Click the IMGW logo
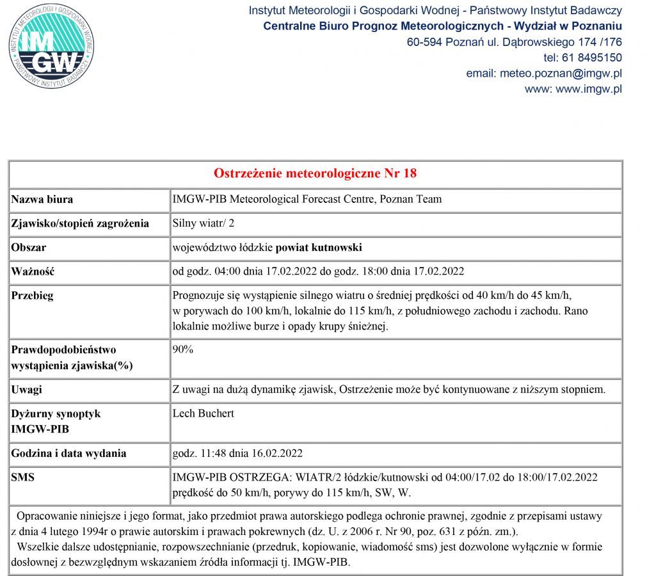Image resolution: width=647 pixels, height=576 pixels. point(51,47)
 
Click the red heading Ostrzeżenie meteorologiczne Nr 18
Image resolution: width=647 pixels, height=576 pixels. point(315,174)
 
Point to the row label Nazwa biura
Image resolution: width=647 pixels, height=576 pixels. point(42,199)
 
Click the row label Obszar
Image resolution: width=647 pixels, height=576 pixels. point(29,248)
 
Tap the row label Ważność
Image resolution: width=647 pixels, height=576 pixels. point(33,271)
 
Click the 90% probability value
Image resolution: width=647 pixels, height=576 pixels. point(183,350)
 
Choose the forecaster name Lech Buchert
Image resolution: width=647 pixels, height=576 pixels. point(204,413)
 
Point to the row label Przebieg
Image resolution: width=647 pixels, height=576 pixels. point(32,296)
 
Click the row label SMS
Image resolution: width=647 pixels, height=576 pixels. point(23,477)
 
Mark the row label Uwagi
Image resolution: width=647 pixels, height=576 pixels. point(27,389)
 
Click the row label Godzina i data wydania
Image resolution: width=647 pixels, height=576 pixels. point(68,454)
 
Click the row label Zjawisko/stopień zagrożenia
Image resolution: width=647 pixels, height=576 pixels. point(80,223)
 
